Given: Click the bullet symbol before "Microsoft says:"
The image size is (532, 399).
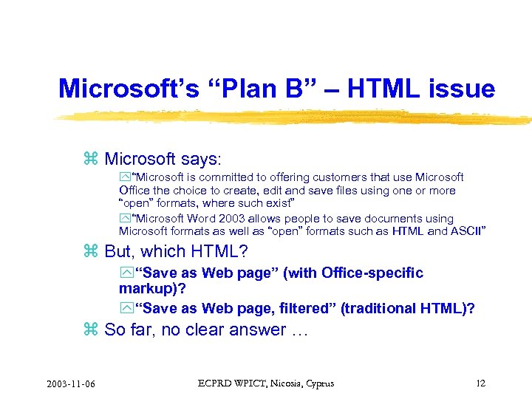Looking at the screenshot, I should pos(91,159).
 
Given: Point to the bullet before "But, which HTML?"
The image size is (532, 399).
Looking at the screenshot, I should pos(91,252).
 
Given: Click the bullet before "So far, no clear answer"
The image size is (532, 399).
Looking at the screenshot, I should pos(91,330).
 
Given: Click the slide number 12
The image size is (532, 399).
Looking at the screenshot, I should pos(481,383).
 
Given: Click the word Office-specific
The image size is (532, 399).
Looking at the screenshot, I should pos(372,273).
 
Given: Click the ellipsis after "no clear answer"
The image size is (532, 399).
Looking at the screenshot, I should pos(299,330).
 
